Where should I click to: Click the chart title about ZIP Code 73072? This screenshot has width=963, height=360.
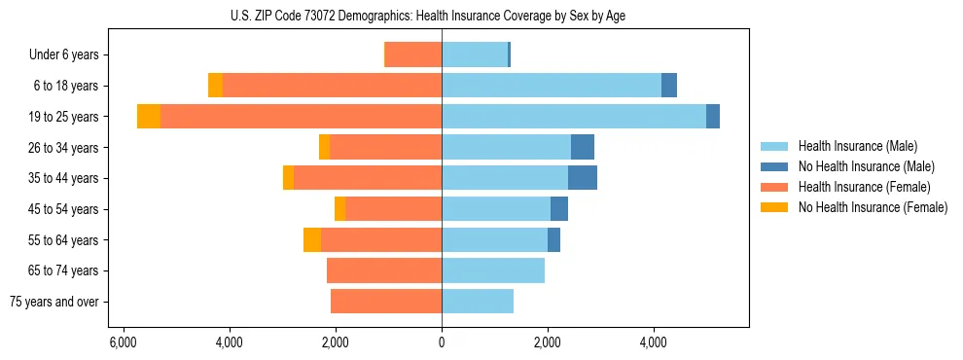point(442,15)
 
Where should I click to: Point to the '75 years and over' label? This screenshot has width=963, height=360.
point(53,302)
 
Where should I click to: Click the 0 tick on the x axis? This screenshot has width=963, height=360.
point(442,343)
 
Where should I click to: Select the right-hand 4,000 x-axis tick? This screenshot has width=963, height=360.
point(654,343)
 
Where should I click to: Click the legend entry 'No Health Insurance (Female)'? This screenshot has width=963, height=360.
point(873,207)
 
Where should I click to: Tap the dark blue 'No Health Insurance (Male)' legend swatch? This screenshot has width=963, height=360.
point(774,166)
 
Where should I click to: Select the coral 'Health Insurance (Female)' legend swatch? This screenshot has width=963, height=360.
point(774,187)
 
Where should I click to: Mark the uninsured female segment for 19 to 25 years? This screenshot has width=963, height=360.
point(149,117)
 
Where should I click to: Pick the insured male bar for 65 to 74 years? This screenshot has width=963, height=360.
point(493,270)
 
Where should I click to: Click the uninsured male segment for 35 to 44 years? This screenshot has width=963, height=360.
point(583,178)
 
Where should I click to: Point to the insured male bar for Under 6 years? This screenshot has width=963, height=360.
point(475,54)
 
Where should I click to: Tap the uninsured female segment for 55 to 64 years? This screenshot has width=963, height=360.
point(312,240)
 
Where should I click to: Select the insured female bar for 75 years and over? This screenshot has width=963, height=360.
point(386,302)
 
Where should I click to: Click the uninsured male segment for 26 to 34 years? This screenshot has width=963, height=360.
point(583,147)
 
